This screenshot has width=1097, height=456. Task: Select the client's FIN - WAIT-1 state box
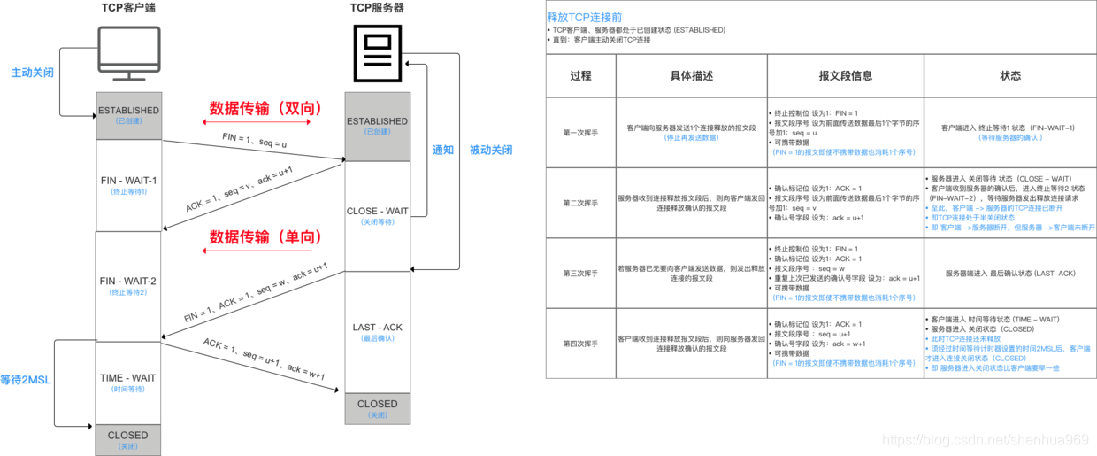129,185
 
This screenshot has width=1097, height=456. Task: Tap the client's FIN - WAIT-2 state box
129,285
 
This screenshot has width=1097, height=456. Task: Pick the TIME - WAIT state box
129,383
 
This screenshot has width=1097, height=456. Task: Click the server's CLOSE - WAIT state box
378,215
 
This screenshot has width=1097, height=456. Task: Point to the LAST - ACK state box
378,332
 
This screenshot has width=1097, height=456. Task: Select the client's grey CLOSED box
128,439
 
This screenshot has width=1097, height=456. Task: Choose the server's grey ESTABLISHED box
378,126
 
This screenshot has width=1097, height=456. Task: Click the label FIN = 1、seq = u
256,140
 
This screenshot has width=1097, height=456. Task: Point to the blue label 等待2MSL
26,380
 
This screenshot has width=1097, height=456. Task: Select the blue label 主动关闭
33,73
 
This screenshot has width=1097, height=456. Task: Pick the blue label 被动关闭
490,150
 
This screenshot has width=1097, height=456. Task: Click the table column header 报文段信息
845,76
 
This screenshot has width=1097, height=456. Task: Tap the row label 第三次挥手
580,273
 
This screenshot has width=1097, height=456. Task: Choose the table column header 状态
1009,76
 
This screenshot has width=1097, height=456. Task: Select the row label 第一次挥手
580,133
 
